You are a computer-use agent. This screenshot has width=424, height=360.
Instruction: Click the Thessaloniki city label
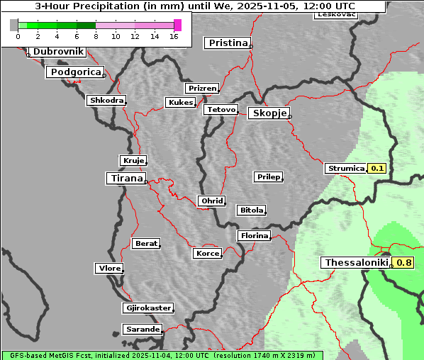click(356, 263)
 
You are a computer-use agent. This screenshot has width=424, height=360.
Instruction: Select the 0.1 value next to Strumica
click(377, 169)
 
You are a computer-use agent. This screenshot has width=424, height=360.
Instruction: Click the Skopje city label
click(269, 113)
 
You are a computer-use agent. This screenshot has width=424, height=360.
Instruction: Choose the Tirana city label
click(125, 179)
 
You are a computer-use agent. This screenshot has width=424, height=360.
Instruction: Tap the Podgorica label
click(75, 72)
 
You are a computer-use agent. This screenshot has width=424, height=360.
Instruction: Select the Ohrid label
click(211, 201)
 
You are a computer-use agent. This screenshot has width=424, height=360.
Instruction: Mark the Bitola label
click(251, 210)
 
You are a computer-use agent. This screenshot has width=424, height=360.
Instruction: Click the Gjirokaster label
click(147, 308)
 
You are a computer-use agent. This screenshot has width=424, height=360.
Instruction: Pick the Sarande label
click(143, 330)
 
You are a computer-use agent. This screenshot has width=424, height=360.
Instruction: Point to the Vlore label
click(109, 269)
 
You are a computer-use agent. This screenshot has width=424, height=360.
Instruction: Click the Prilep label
click(268, 176)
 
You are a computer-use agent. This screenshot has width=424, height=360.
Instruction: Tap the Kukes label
click(180, 103)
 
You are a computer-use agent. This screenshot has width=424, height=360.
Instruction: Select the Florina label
click(254, 235)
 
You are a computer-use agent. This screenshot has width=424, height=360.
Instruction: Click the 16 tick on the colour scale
click(174, 36)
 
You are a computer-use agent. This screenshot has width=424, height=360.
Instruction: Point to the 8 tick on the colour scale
click(96, 36)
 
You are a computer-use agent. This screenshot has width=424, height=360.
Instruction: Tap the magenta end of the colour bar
click(177, 25)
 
